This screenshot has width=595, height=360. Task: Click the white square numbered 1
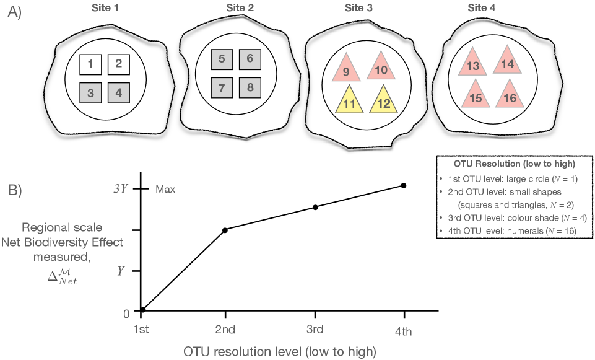coord(90,64)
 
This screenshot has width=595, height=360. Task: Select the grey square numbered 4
coord(119,93)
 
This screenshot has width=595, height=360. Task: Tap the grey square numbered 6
coord(250,59)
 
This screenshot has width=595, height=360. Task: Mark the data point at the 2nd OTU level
coord(225,230)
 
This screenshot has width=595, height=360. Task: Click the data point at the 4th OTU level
coord(404,185)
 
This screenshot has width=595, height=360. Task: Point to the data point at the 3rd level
coord(315,207)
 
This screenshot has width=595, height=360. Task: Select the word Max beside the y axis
coord(165,189)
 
